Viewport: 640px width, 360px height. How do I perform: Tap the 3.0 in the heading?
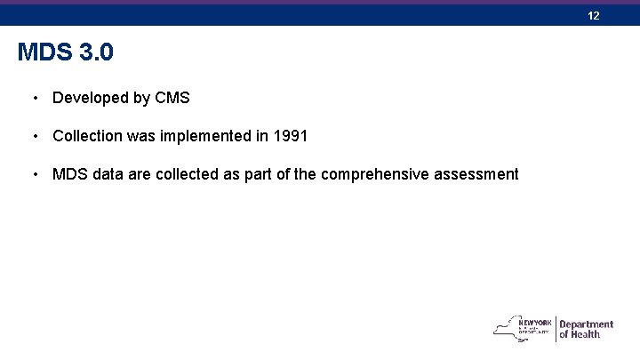click(x=96, y=53)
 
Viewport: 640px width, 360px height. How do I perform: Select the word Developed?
click(x=91, y=99)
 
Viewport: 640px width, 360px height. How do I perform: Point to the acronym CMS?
click(x=172, y=98)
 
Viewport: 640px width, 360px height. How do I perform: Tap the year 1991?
click(x=290, y=136)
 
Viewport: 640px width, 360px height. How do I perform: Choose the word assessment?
click(x=476, y=174)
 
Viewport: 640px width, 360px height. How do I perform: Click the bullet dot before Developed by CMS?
click(x=34, y=98)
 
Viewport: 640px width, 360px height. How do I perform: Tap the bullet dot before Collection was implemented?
click(x=34, y=136)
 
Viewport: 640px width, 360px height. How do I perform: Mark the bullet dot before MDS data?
click(x=34, y=174)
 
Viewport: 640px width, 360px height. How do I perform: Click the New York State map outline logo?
click(x=511, y=328)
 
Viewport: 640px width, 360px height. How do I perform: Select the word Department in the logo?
click(x=587, y=324)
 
